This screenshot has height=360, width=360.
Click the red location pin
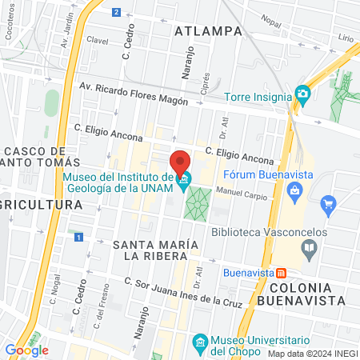pyautogui.click(x=181, y=160)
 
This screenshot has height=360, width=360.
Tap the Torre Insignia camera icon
pyautogui.click(x=302, y=94)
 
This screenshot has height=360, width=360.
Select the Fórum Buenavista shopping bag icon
pyautogui.click(x=295, y=190)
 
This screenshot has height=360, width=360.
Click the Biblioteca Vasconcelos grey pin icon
pyautogui.click(x=310, y=248)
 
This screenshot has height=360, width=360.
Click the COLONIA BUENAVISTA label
pyautogui.click(x=308, y=294)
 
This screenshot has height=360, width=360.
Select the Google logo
pyautogui.click(x=26, y=350)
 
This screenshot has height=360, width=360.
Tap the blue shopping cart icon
pyautogui.click(x=327, y=206)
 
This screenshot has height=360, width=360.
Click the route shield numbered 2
pyautogui.click(x=117, y=12)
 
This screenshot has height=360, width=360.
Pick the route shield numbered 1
pyautogui.click(x=78, y=238)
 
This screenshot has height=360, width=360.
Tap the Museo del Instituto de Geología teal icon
pyautogui.click(x=186, y=178)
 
